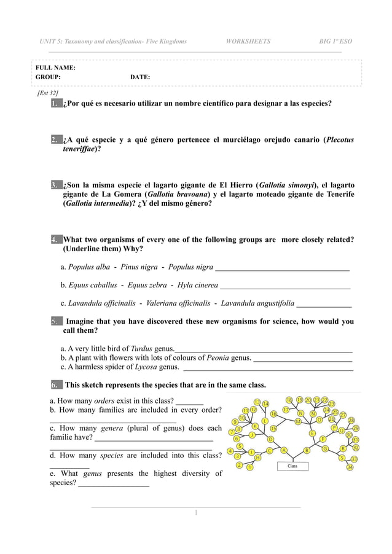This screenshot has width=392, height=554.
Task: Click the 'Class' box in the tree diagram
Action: (293, 466)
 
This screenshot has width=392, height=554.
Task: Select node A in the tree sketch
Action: (284, 450)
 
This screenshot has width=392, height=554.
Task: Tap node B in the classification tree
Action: (307, 450)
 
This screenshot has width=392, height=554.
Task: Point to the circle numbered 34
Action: (350, 467)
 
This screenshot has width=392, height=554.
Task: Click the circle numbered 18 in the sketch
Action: (289, 399)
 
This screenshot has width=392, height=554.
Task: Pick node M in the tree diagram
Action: (298, 421)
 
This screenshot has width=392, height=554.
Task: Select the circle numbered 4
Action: (230, 451)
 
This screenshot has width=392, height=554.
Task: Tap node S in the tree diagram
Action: (342, 458)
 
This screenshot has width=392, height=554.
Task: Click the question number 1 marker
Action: (56, 104)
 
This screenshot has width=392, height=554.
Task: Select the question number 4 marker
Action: (56, 240)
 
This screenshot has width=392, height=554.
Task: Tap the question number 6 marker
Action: (56, 385)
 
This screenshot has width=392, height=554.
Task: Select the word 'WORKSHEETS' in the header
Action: (248, 41)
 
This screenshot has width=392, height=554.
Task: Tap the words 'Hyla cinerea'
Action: (197, 285)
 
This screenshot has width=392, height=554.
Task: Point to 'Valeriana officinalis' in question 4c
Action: (178, 303)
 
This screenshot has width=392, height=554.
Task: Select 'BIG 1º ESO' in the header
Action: (335, 41)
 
